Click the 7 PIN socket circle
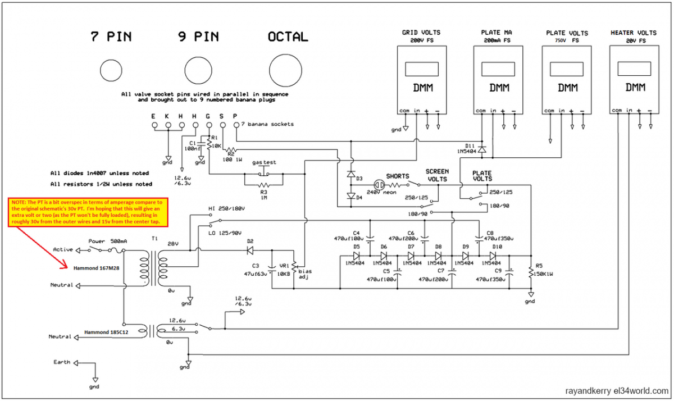pyautogui.click(x=111, y=70)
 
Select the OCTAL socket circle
pyautogui.click(x=287, y=70)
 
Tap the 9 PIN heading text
pyautogui.click(x=199, y=37)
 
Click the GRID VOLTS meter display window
pyautogui.click(x=421, y=69)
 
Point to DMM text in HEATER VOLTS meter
pyautogui.click(x=634, y=88)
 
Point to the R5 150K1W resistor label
pyautogui.click(x=543, y=270)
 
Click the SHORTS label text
pyautogui.click(x=398, y=175)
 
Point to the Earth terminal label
pyautogui.click(x=62, y=362)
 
